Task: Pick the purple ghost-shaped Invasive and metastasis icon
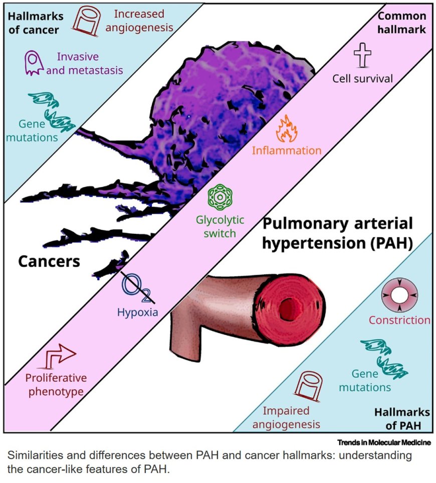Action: (x=34, y=64)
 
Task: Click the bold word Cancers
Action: (x=49, y=261)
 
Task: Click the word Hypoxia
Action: (x=137, y=312)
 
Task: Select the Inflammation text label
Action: (x=287, y=150)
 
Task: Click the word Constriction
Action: (x=399, y=320)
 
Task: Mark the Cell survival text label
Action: (x=363, y=78)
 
